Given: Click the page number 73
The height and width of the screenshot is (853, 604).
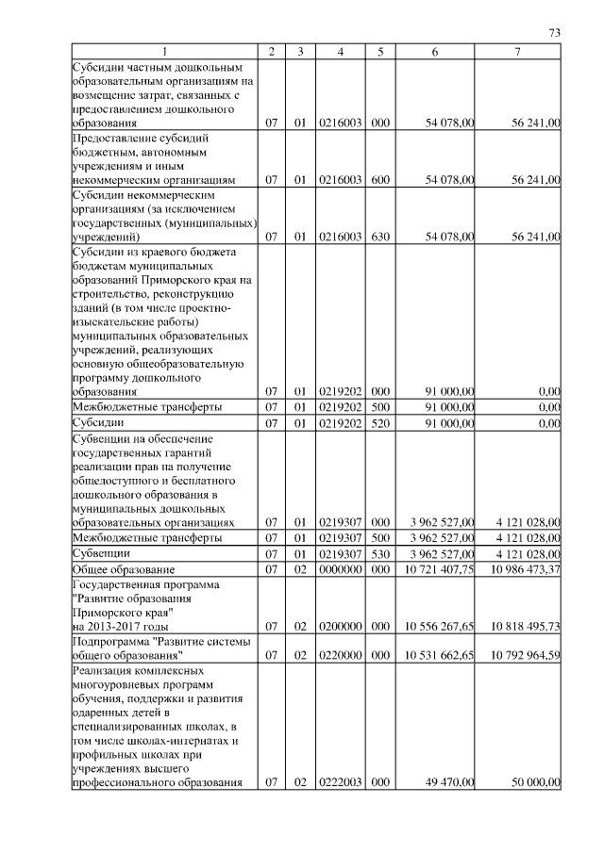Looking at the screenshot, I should coord(554,33).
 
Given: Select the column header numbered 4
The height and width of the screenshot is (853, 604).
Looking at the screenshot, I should coord(339,53).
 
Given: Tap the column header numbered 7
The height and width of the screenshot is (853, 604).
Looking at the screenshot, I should coord(517,53).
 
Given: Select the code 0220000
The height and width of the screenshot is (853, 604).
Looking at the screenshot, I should coord(339,656).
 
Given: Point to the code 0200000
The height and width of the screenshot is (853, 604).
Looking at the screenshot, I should coord(339,626).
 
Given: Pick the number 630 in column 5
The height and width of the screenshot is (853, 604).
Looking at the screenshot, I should coord(380,238).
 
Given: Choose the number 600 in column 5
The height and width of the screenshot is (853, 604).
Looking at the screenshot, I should coord(380,179).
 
